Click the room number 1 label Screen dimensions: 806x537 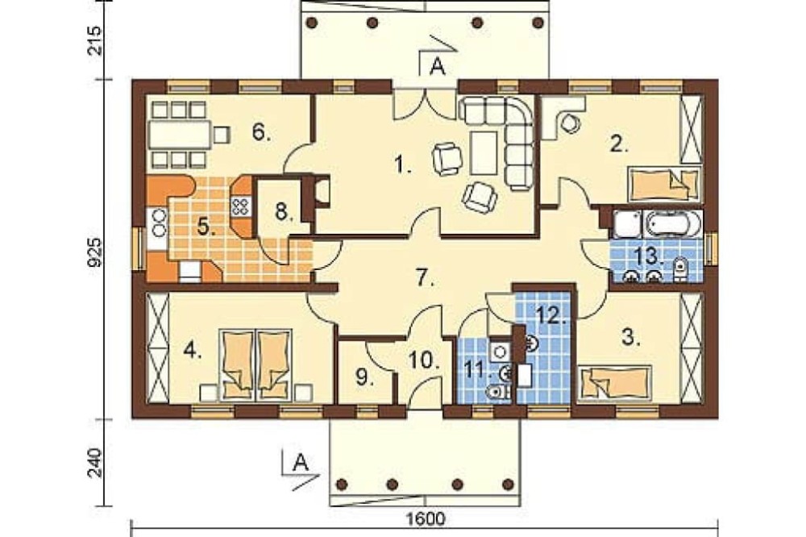click(x=402, y=164)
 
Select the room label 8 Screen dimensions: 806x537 click(x=282, y=211)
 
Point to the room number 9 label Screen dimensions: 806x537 click(x=364, y=378)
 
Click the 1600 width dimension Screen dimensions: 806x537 click(x=426, y=519)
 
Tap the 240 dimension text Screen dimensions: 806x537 click(x=95, y=463)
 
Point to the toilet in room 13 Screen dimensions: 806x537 click(x=679, y=269)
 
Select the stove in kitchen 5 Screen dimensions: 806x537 click(x=240, y=206)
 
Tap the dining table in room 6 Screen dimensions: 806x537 click(x=180, y=135)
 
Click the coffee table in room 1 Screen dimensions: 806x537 click(x=484, y=152)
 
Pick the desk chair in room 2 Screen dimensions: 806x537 click(x=570, y=123)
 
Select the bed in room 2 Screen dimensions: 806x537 click(x=663, y=184)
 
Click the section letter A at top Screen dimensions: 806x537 click(x=438, y=67)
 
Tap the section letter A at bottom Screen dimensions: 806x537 click(x=300, y=463)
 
